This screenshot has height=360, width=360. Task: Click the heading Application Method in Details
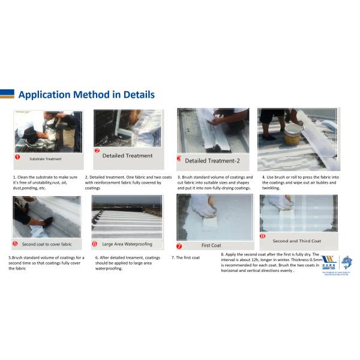pyautogui.click(x=86, y=94)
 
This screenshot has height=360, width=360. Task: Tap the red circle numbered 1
pyautogui.click(x=18, y=158)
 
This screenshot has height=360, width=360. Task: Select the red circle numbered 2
pyautogui.click(x=97, y=151)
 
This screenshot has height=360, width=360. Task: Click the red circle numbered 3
pyautogui.click(x=179, y=159)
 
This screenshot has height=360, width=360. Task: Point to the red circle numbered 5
pyautogui.click(x=15, y=244)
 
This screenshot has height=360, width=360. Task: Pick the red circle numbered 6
pyautogui.click(x=95, y=244)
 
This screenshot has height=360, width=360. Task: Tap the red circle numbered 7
pyautogui.click(x=179, y=246)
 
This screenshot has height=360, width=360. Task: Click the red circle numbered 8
pyautogui.click(x=262, y=236)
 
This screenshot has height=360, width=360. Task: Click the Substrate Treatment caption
pyautogui.click(x=46, y=159)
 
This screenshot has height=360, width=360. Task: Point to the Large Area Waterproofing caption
pyautogui.click(x=127, y=244)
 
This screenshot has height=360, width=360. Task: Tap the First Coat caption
pyautogui.click(x=211, y=245)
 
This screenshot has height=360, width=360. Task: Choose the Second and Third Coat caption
pyautogui.click(x=296, y=241)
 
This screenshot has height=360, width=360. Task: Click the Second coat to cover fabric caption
pyautogui.click(x=47, y=244)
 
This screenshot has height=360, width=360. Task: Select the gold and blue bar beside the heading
pyautogui.click(x=7, y=94)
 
